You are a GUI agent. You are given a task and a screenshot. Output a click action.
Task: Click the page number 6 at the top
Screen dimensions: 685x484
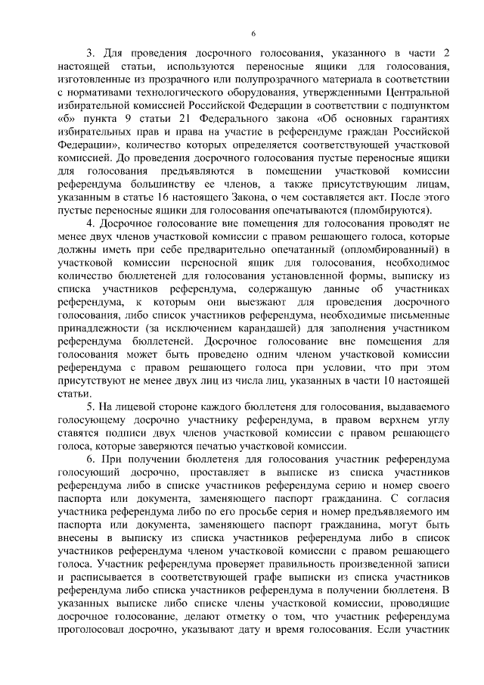point(253,33)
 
